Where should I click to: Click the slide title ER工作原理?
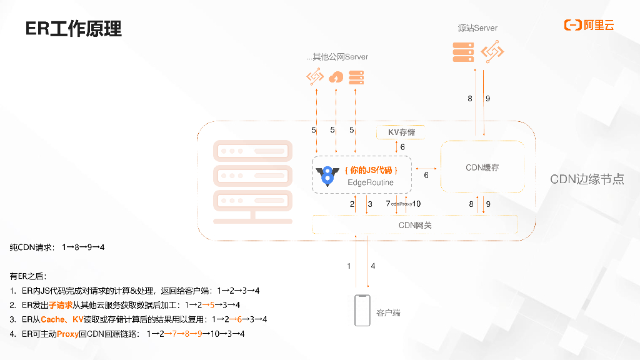tap(73, 29)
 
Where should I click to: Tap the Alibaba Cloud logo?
tap(589, 25)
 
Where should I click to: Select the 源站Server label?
tap(477, 28)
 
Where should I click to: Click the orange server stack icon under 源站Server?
tap(462, 51)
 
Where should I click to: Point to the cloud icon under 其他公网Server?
tap(336, 77)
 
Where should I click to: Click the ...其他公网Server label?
tap(337, 57)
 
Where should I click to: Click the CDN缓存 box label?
tap(482, 167)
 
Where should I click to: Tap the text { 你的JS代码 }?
tap(371, 170)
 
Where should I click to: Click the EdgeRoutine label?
tap(371, 182)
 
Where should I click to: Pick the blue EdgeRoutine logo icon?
tap(326, 176)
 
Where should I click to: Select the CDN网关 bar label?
tap(415, 225)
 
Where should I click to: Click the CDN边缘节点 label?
tap(587, 179)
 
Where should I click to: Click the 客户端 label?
tap(388, 312)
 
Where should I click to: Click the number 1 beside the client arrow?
tap(349, 266)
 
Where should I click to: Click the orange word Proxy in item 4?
tap(67, 334)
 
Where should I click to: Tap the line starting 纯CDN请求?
tap(57, 247)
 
